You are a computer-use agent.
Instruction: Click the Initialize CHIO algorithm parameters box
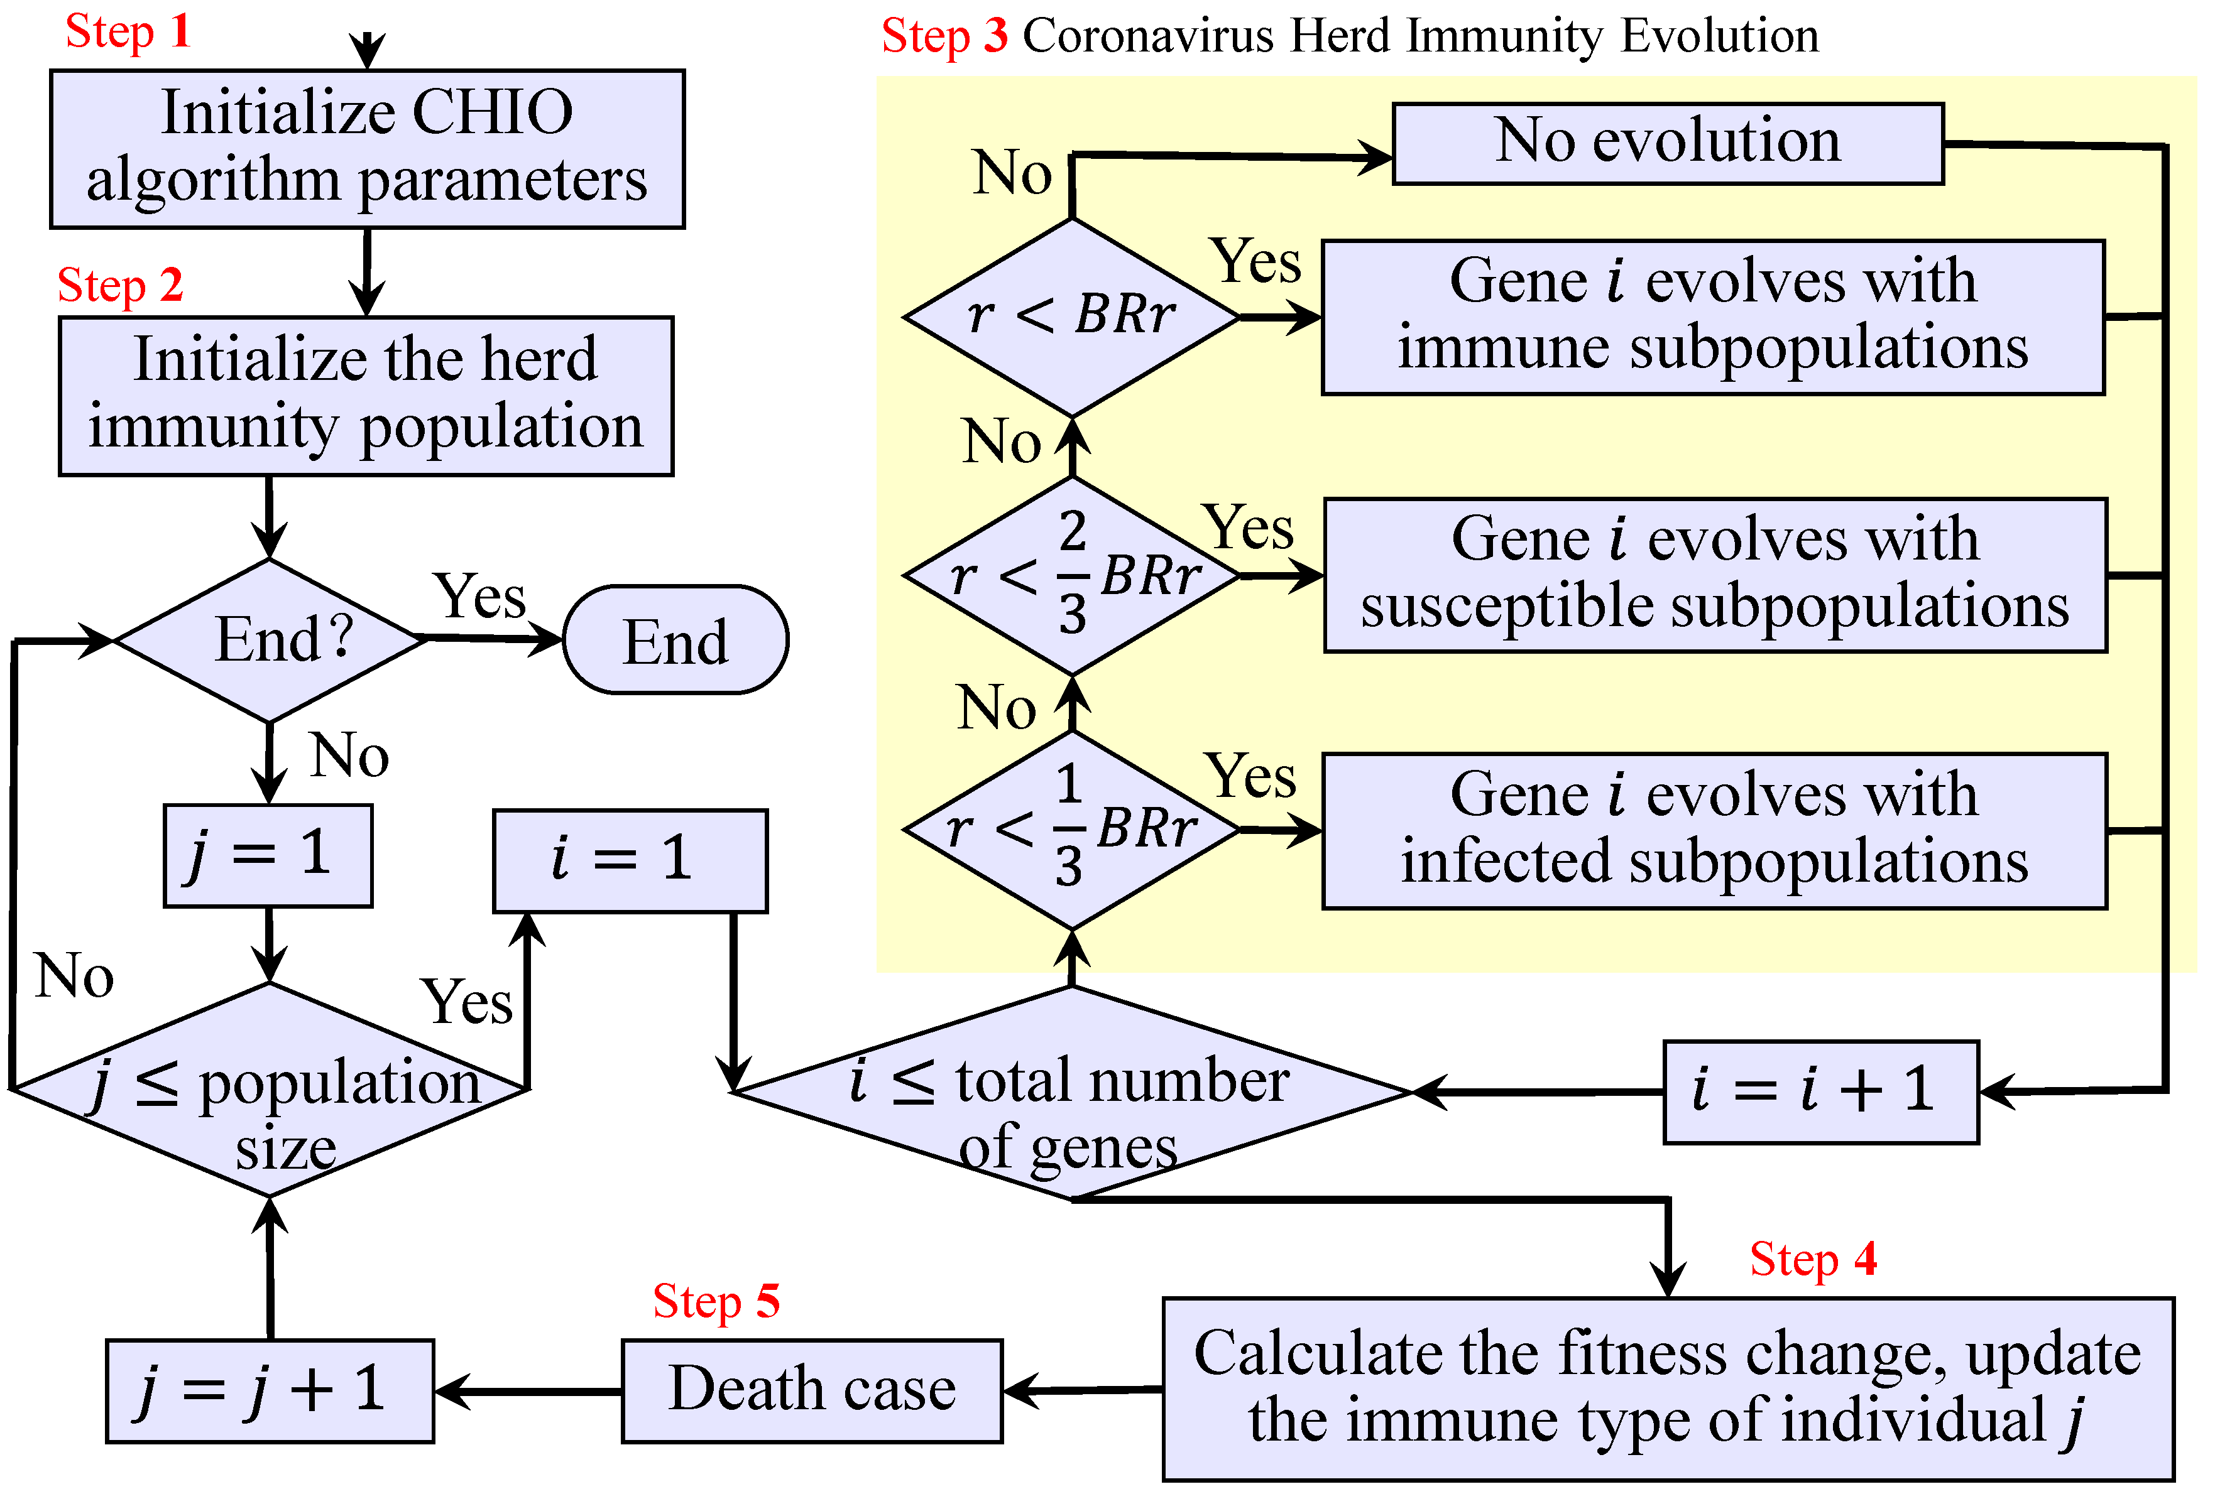click(x=367, y=149)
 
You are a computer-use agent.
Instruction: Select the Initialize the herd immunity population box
click(x=366, y=396)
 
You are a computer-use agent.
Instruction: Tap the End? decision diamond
click(x=270, y=639)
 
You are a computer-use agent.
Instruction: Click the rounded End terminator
click(x=675, y=639)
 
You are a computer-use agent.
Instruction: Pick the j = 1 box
click(x=268, y=855)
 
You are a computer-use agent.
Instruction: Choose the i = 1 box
click(x=630, y=860)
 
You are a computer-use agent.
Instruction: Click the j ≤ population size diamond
click(x=270, y=1089)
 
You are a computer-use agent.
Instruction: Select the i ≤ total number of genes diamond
click(x=1072, y=1093)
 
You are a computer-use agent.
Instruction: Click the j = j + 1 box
click(x=270, y=1390)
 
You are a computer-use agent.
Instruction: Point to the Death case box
click(x=812, y=1390)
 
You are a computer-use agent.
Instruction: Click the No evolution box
click(x=1668, y=143)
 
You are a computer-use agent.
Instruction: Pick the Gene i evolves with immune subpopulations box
click(x=1713, y=317)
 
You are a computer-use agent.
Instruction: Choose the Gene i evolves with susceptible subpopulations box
click(x=1715, y=575)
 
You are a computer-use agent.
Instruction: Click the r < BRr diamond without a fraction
click(x=1072, y=317)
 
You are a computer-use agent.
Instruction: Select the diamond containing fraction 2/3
click(x=1072, y=575)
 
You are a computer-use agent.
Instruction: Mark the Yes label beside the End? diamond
click(x=479, y=597)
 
